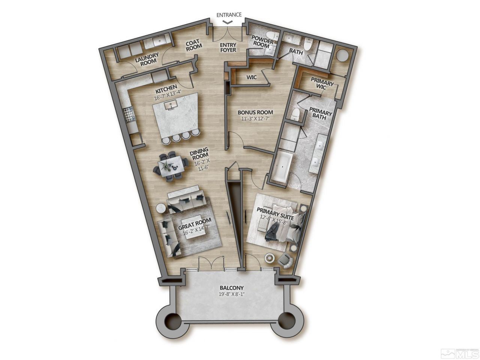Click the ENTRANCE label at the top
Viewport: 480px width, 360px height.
pyautogui.click(x=229, y=15)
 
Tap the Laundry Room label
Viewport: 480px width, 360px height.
pyautogui.click(x=147, y=60)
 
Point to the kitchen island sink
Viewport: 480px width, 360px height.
pyautogui.click(x=172, y=108)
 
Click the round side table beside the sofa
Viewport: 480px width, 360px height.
pyautogui.click(x=162, y=208)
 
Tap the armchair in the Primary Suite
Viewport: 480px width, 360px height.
pyautogui.click(x=285, y=260)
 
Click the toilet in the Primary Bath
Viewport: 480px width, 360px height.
pyautogui.click(x=295, y=113)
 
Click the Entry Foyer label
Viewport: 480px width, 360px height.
pyautogui.click(x=228, y=48)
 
